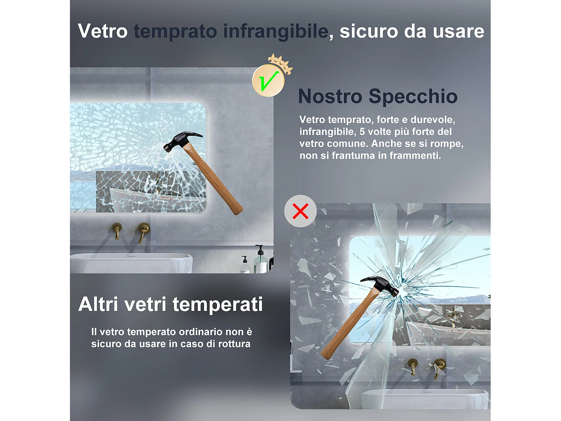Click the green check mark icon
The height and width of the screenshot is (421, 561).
point(269,80)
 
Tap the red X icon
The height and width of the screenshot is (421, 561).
point(300,211)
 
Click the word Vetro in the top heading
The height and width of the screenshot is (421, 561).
point(102,31)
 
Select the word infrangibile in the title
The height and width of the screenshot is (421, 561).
point(276,31)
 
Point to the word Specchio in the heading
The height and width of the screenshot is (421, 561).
point(413,96)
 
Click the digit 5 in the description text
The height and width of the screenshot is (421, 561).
point(362,132)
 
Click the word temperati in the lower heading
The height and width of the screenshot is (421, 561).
point(217,304)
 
